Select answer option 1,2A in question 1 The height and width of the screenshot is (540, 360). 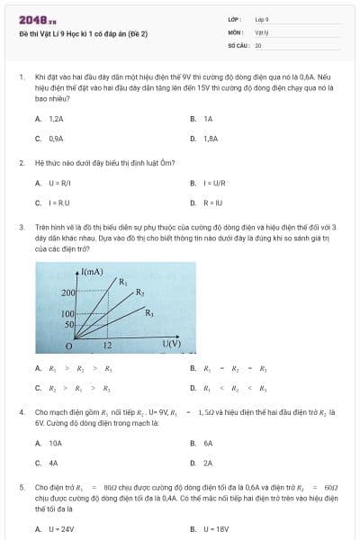55,119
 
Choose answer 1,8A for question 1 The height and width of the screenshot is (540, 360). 211,139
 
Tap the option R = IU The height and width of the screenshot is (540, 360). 210,203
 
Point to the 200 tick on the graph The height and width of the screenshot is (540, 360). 67,293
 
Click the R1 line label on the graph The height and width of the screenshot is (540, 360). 123,282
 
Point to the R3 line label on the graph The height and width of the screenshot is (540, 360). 149,312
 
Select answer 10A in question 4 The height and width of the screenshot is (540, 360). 55,443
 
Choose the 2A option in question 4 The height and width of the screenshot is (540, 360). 207,463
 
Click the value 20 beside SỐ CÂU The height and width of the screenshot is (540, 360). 258,45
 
